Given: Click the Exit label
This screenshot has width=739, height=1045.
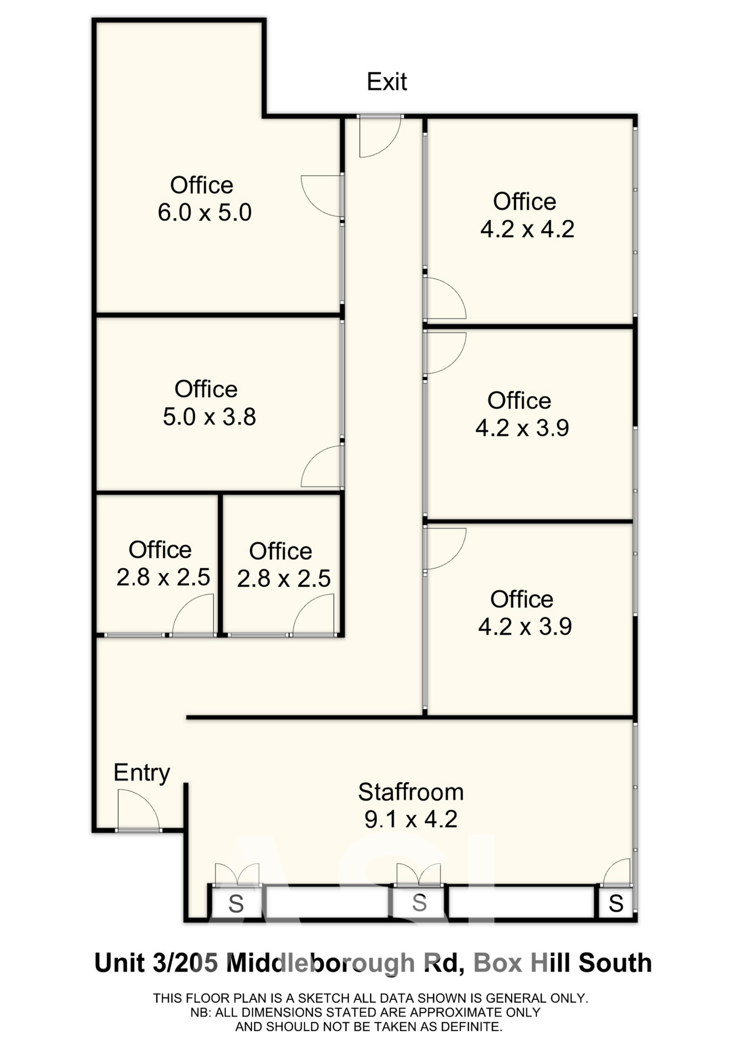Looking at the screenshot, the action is click(387, 82).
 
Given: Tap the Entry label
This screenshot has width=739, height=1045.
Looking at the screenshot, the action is click(141, 773).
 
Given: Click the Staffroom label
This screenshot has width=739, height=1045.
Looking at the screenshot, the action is click(411, 792).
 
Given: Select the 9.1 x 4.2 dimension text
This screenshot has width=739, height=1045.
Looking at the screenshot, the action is click(411, 819).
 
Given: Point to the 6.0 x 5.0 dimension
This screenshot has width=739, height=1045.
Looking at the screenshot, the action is click(205, 212).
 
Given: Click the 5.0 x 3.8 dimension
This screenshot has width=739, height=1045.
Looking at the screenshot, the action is click(210, 417).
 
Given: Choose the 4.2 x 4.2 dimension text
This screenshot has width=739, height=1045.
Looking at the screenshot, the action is click(527, 229).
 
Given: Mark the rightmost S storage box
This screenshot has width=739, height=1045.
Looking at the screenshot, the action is click(616, 904).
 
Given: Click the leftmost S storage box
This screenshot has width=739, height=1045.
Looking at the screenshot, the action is click(236, 904).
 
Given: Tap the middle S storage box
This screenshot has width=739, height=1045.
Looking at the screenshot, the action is click(419, 903).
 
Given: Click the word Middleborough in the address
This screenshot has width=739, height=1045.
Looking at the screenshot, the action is click(321, 963).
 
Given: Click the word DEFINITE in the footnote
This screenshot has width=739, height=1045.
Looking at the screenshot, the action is click(472, 1027).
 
